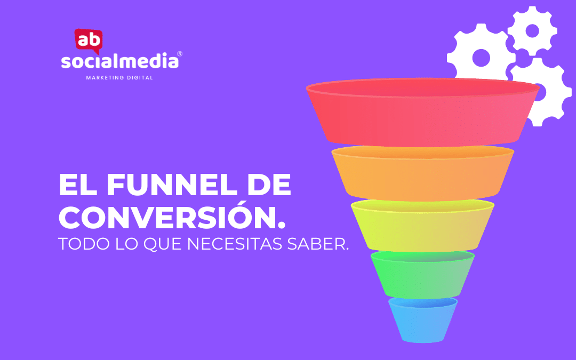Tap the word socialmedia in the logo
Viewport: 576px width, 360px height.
[x=120, y=61]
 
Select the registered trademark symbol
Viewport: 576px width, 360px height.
[x=180, y=54]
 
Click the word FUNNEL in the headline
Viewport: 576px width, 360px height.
[x=172, y=185]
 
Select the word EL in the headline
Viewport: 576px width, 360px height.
[x=78, y=185]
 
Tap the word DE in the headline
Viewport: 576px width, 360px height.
[x=269, y=185]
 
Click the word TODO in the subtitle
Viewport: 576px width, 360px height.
[x=84, y=244]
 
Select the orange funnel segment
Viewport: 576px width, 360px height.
[x=422, y=173]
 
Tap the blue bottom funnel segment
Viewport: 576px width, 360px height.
[x=423, y=320]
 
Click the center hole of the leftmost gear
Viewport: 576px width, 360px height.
[x=481, y=58]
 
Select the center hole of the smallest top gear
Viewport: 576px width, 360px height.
[x=532, y=31]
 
